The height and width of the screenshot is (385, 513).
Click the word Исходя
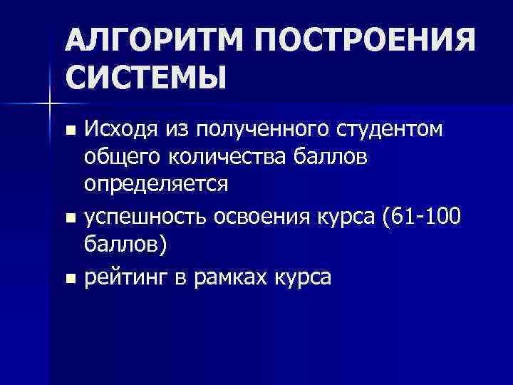[121, 130]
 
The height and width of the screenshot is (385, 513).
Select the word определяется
[156, 183]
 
